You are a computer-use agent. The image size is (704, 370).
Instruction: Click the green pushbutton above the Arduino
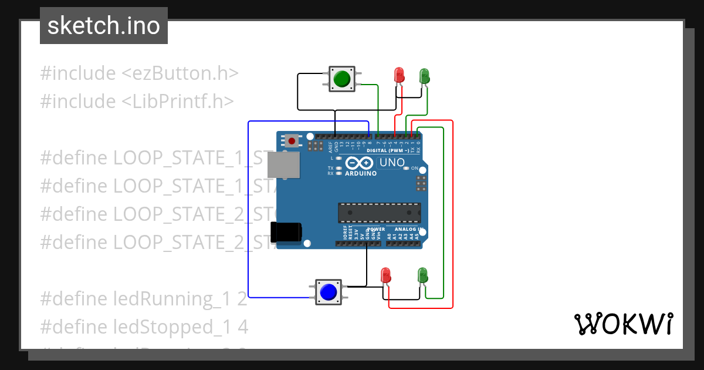point(341,79)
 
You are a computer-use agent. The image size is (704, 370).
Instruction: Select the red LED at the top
point(400,75)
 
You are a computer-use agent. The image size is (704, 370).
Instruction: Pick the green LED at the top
point(424,76)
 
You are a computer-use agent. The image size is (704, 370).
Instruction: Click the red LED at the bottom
point(385,274)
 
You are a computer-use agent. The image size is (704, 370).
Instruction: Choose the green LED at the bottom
point(422,274)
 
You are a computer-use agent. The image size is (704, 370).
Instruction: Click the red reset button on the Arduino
point(292,141)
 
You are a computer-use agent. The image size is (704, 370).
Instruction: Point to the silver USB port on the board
point(283,165)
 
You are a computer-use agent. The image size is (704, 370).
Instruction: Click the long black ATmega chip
point(379,212)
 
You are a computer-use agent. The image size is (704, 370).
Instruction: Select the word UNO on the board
point(392,163)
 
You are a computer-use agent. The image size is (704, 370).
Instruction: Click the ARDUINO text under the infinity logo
point(361,174)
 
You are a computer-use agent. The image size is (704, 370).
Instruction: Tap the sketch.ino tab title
point(104,26)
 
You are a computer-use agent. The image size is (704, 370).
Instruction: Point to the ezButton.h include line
point(140,73)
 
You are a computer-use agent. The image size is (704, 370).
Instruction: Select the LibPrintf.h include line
point(137,102)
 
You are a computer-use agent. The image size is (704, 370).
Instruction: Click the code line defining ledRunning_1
point(144,299)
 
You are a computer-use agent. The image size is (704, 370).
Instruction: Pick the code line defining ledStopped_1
point(144,327)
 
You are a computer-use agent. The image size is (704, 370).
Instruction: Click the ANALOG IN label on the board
point(409,229)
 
